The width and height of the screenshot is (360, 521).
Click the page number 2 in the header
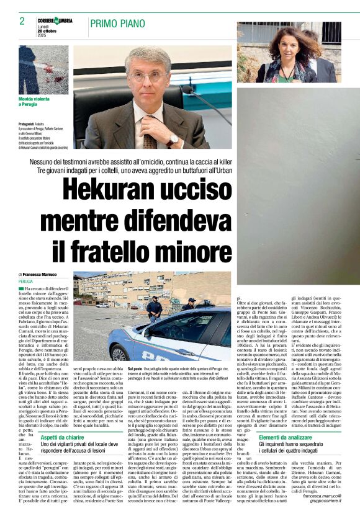(x=22, y=21)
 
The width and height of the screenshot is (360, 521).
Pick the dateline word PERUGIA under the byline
(x=26, y=281)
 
